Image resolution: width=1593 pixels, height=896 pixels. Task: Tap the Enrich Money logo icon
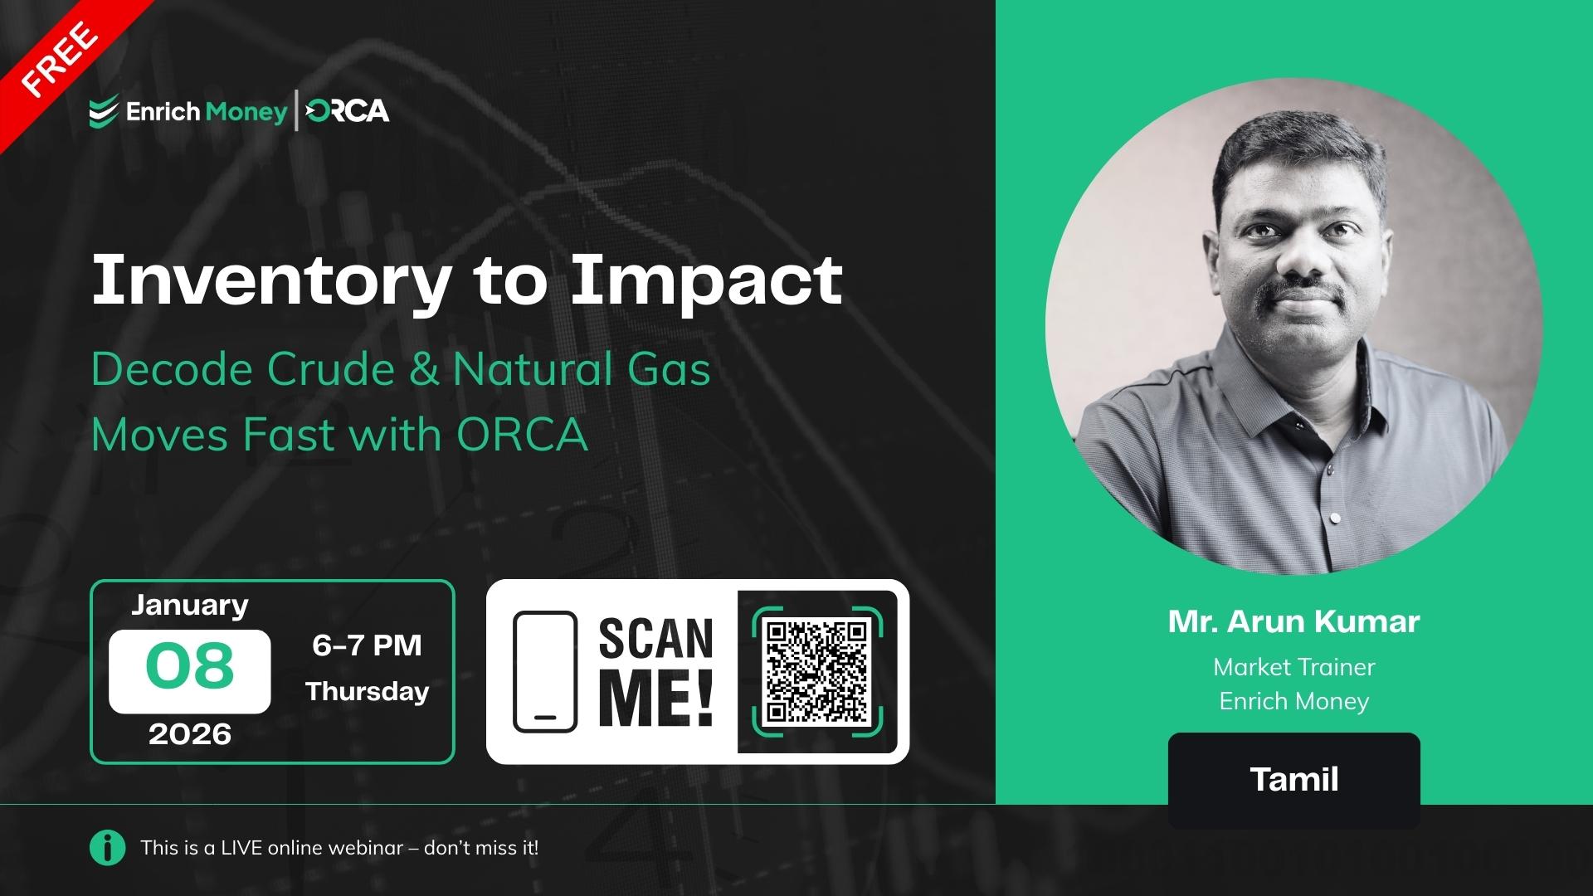pos(103,112)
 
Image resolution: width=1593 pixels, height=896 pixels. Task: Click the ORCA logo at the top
pos(347,111)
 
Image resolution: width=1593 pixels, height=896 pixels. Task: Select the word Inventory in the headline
pos(270,280)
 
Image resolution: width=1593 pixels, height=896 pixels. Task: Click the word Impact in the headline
pos(706,280)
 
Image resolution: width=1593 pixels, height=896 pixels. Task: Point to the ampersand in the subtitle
pos(423,369)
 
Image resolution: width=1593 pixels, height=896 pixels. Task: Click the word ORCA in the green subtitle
pos(522,434)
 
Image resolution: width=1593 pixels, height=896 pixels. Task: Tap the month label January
pos(189,605)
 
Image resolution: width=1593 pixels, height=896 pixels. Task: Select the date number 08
pos(189,666)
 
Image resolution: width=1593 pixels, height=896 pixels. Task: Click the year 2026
pos(189,733)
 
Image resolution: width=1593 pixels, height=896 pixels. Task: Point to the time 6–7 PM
pos(367,645)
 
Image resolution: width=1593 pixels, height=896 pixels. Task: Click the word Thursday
pos(367,691)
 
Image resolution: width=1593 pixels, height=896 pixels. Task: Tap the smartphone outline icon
pos(544,672)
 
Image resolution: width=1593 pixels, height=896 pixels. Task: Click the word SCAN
pos(655,639)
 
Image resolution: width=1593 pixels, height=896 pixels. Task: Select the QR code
pos(816,671)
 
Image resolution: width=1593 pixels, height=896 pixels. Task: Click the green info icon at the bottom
pos(107,848)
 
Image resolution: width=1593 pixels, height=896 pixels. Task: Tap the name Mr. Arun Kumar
pos(1293,621)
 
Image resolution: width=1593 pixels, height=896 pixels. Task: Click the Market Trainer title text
pos(1293,666)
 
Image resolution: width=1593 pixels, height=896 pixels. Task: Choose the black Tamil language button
pos(1293,779)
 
